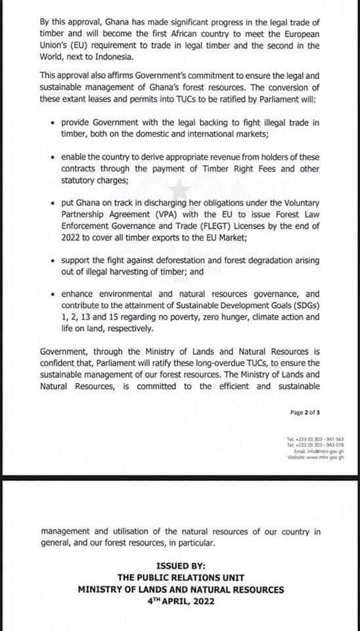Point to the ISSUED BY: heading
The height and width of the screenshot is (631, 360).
(x=181, y=565)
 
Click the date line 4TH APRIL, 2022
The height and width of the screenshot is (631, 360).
(x=181, y=601)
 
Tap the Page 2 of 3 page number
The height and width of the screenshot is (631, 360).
(x=305, y=413)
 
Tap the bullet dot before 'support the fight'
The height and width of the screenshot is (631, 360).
(x=52, y=261)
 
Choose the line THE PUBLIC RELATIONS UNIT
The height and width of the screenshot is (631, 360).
(x=181, y=577)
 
